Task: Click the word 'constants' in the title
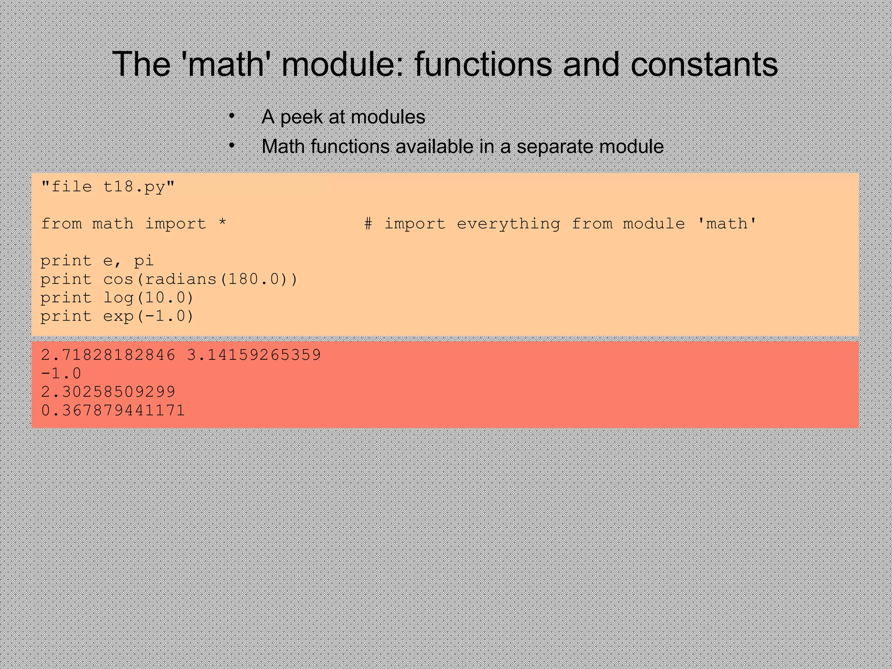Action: point(704,64)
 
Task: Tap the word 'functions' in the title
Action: point(483,64)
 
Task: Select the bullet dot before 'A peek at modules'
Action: point(232,116)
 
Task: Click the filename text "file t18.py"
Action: point(108,187)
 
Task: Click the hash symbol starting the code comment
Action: point(368,224)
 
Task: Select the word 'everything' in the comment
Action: point(508,224)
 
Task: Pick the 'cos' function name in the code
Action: point(118,279)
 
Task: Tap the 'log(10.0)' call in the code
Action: point(148,298)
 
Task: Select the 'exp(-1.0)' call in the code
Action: point(148,316)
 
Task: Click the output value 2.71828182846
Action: point(108,355)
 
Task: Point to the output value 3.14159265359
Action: point(253,355)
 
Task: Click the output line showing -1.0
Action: point(61,373)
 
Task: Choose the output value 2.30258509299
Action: point(108,392)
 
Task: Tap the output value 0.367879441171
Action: point(113,410)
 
